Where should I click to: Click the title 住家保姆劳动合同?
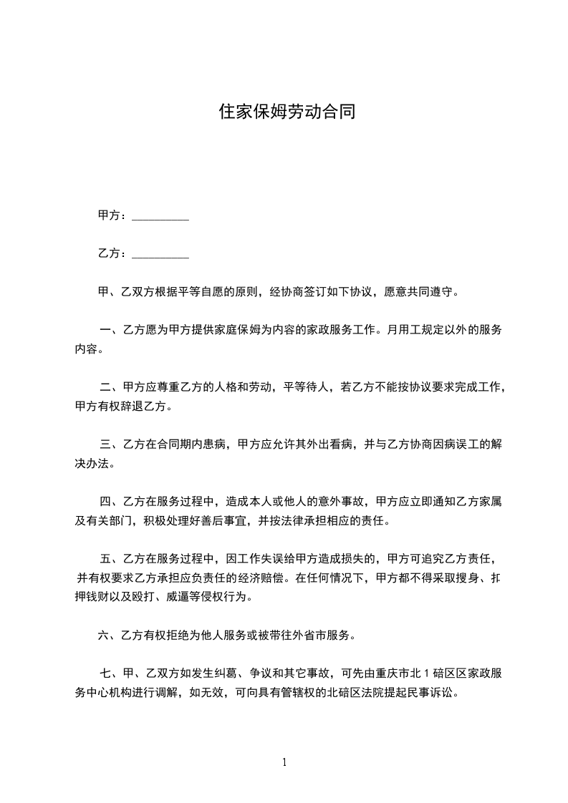coord(287,112)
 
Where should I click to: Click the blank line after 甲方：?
coord(161,216)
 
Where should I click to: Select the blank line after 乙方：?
coord(161,254)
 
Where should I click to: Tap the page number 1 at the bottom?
coord(284,762)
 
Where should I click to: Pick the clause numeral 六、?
coord(106,635)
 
